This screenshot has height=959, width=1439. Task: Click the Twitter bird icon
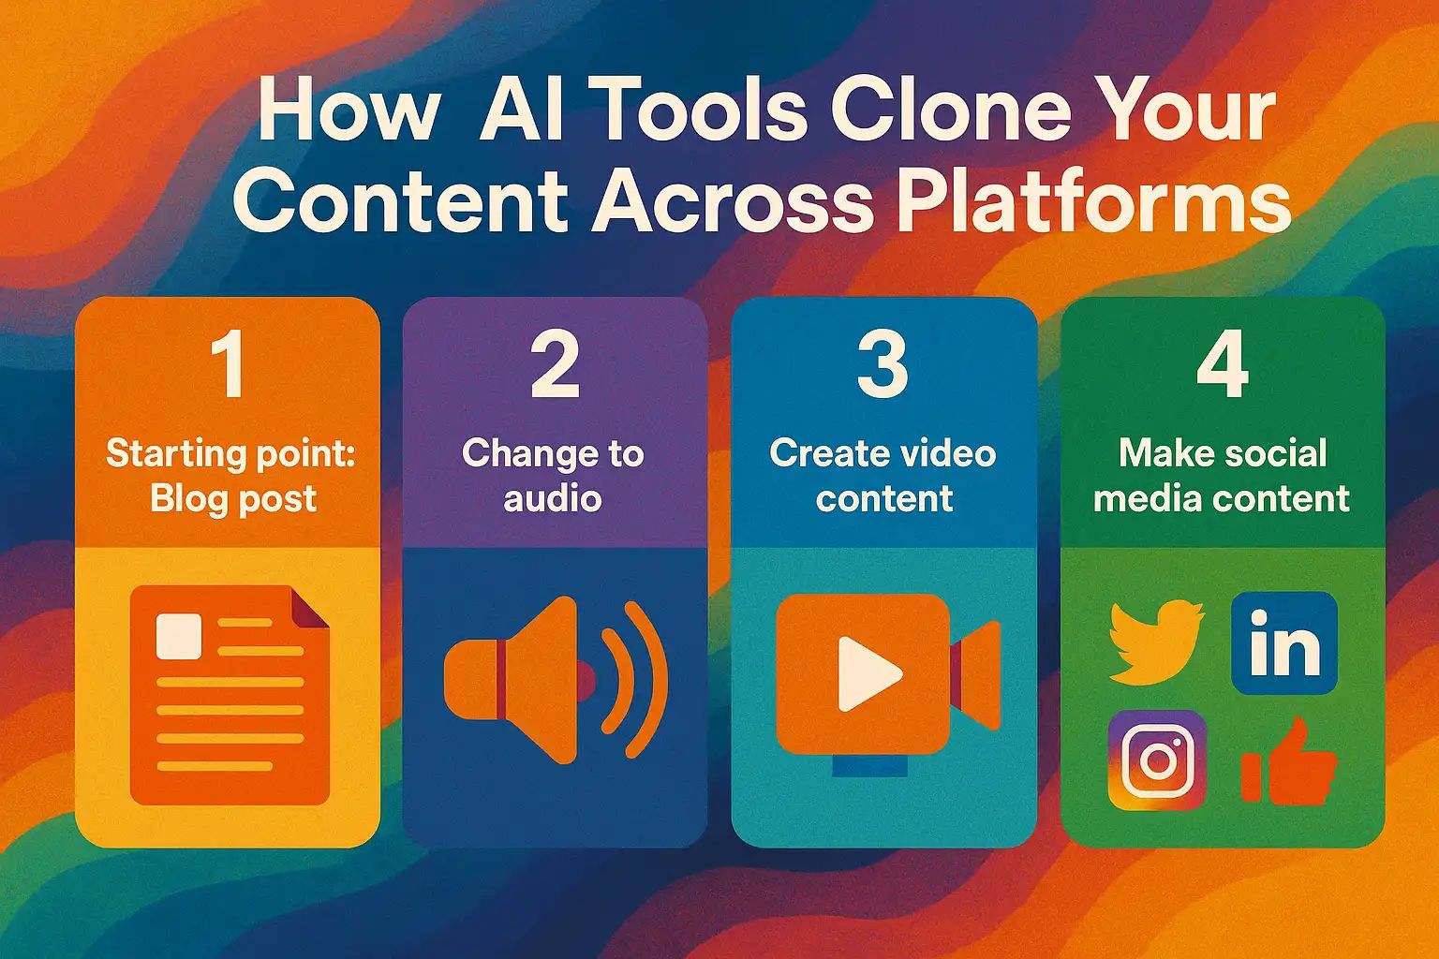click(x=1155, y=642)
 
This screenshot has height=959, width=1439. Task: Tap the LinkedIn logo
click(x=1284, y=643)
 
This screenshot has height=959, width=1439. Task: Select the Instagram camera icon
click(x=1157, y=760)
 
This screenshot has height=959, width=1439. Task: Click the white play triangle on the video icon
click(x=867, y=672)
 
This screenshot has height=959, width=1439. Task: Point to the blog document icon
click(x=230, y=694)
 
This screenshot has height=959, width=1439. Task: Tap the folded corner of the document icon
click(x=311, y=606)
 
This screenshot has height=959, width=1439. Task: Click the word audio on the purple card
click(x=552, y=498)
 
